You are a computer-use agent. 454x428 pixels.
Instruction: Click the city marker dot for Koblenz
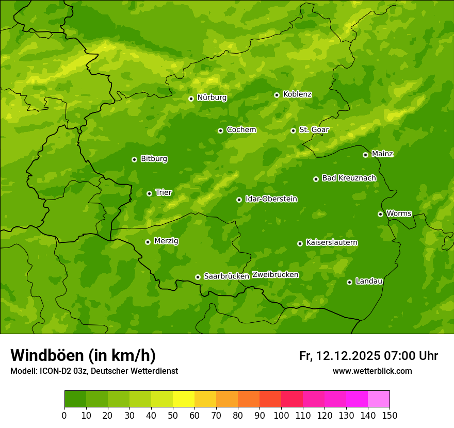(x=277, y=95)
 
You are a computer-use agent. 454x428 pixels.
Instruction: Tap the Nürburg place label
(x=212, y=97)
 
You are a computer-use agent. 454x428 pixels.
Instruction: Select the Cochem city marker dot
(x=220, y=130)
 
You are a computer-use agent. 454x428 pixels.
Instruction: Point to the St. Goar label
(x=314, y=130)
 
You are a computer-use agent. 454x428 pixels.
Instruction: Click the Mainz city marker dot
(x=365, y=155)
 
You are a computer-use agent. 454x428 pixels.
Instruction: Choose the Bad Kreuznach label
(x=349, y=178)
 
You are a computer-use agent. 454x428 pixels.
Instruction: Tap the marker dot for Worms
(x=380, y=214)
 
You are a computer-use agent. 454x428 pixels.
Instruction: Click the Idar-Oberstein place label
(x=271, y=199)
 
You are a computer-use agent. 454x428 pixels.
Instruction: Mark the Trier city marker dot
(x=149, y=193)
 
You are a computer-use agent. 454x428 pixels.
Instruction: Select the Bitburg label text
(x=154, y=159)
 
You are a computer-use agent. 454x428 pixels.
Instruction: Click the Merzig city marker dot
(x=148, y=242)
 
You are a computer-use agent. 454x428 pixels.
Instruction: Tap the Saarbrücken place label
(x=226, y=276)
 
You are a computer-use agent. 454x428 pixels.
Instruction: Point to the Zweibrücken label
(x=275, y=275)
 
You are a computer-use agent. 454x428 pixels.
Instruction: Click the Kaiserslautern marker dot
(x=300, y=243)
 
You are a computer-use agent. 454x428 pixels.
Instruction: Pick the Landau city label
(x=369, y=281)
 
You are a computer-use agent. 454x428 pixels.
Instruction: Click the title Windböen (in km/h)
(x=83, y=355)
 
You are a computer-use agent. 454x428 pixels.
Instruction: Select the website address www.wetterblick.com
(x=372, y=371)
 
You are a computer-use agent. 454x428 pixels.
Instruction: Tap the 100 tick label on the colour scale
(x=281, y=415)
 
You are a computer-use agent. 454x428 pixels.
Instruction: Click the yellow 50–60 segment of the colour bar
(x=184, y=399)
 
